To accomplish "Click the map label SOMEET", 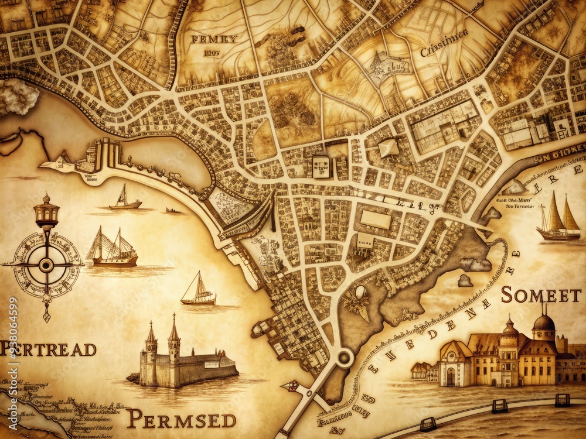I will click(x=540, y=296).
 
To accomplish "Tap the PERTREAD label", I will click(x=48, y=349).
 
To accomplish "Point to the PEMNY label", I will click(x=214, y=40).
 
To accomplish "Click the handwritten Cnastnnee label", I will click(x=444, y=50).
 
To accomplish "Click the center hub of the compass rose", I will click(x=46, y=265).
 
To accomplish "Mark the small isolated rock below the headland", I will click(x=465, y=281).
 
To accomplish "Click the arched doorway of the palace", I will click(x=450, y=376).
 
